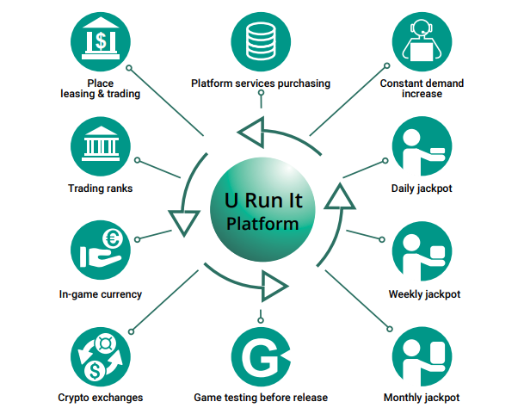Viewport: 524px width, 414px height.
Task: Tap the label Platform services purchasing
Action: click(x=260, y=83)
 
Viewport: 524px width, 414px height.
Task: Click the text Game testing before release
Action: click(x=260, y=398)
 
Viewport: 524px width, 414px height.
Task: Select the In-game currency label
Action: click(x=101, y=294)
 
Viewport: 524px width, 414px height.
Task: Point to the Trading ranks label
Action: click(x=101, y=188)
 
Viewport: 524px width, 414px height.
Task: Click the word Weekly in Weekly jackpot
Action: click(x=407, y=294)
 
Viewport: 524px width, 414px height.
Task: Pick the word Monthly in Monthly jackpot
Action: click(x=405, y=398)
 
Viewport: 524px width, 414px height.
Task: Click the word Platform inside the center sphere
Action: click(x=262, y=225)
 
